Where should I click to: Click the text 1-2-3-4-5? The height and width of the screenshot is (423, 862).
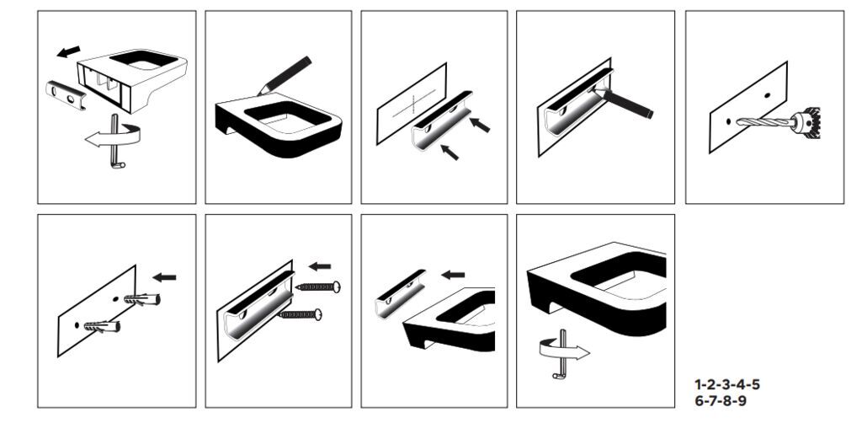(x=727, y=384)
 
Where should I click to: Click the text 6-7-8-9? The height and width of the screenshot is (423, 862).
(x=721, y=400)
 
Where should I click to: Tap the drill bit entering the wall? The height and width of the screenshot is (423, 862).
(x=764, y=121)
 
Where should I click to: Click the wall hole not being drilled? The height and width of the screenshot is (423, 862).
(x=767, y=95)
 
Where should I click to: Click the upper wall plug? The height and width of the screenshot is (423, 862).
(x=141, y=300)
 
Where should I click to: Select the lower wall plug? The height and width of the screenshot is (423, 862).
(x=102, y=326)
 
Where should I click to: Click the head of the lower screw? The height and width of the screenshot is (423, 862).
(x=317, y=314)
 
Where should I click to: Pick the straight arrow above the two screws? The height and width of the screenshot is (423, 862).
(x=320, y=266)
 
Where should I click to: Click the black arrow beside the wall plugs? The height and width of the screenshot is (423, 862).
(x=164, y=277)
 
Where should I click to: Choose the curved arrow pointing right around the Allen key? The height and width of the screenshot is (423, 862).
(x=563, y=350)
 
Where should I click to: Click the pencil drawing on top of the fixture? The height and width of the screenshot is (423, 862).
(x=284, y=75)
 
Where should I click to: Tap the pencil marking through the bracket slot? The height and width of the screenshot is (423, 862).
(x=624, y=102)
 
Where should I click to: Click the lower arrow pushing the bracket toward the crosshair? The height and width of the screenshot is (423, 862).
(x=450, y=152)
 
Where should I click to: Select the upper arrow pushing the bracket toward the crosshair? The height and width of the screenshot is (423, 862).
(x=480, y=125)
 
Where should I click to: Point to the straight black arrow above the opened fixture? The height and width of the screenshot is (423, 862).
(x=69, y=51)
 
